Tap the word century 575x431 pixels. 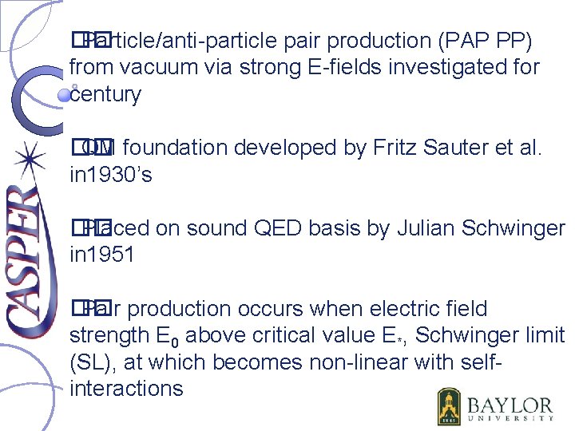point(105,94)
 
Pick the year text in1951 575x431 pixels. point(101,255)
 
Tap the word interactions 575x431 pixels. point(126,389)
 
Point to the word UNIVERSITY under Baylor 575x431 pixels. point(510,417)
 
